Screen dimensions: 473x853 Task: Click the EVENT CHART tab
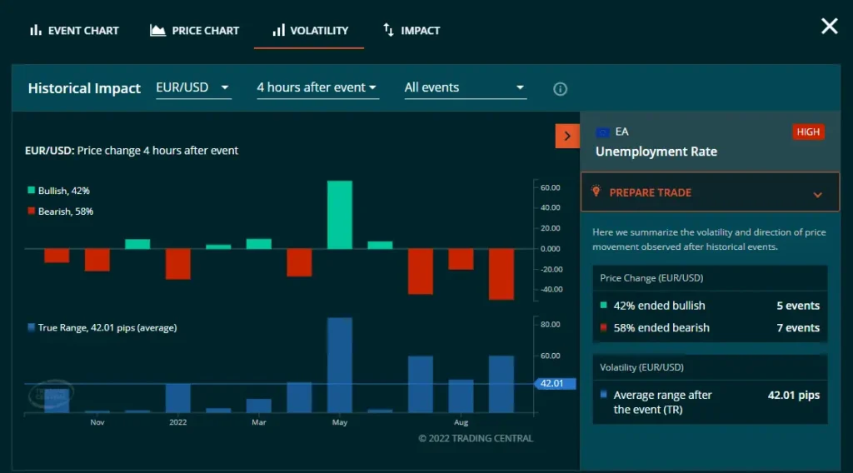click(x=74, y=31)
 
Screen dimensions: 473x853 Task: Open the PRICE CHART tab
click(x=194, y=31)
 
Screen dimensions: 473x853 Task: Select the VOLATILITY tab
click(x=309, y=31)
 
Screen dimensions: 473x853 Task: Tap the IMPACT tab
click(x=412, y=31)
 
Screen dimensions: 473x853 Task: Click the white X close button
click(x=829, y=27)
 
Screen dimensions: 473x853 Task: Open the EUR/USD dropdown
click(x=193, y=87)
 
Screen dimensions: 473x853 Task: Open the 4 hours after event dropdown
click(x=317, y=87)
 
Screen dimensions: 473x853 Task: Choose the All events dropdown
click(x=464, y=87)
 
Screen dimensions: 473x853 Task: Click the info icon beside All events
click(x=561, y=89)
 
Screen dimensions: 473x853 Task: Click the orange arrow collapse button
click(x=567, y=136)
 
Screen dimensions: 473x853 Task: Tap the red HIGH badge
click(x=808, y=132)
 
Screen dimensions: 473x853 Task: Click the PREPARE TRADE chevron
click(x=817, y=194)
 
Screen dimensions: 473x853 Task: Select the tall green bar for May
click(x=339, y=215)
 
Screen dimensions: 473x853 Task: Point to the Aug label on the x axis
click(x=461, y=422)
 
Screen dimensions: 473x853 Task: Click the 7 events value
click(x=798, y=328)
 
